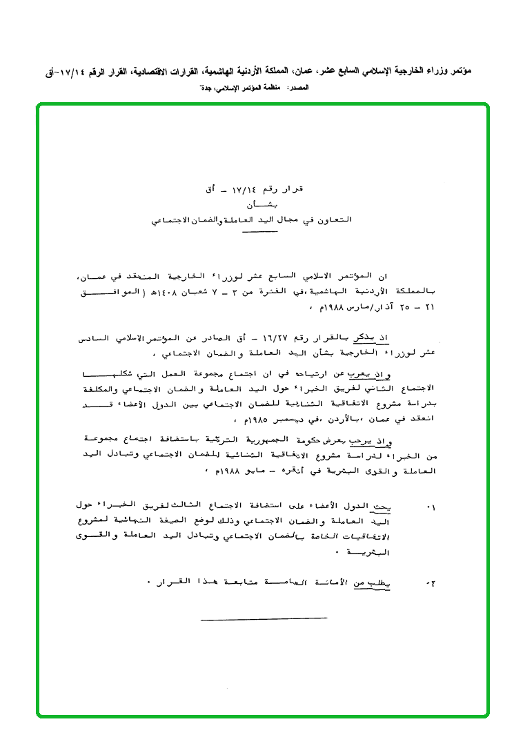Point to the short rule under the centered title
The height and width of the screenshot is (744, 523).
click(x=259, y=232)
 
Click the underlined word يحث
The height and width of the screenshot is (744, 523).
click(x=380, y=507)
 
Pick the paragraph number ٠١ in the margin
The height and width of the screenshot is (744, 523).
click(x=431, y=507)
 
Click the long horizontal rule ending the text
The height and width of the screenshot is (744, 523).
click(x=264, y=618)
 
